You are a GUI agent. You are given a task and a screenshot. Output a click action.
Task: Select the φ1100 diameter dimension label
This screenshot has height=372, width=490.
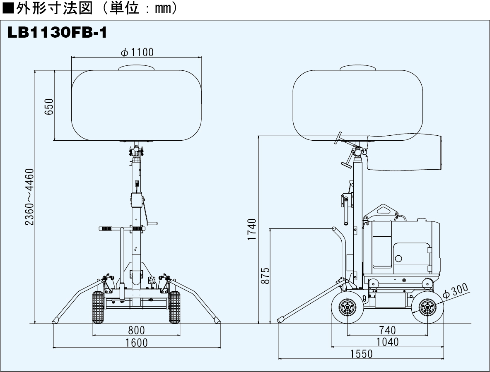click(137, 52)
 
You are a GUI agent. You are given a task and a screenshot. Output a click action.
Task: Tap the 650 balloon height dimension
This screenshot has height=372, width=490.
click(49, 107)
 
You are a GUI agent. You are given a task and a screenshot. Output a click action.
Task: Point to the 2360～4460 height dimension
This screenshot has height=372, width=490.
click(29, 197)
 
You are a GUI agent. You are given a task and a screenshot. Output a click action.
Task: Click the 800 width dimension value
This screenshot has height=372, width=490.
click(136, 330)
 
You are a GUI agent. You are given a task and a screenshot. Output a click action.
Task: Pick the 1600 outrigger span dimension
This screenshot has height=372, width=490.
click(136, 343)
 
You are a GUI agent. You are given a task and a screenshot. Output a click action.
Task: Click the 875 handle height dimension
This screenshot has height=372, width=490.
click(266, 275)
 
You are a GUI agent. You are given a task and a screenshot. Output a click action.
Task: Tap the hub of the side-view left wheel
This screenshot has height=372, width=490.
click(347, 307)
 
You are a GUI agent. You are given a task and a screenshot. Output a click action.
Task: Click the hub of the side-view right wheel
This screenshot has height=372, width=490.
click(427, 307)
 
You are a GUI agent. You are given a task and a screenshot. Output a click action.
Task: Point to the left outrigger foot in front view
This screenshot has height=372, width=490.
click(56, 320)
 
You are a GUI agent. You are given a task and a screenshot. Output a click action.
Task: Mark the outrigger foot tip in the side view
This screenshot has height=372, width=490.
click(281, 319)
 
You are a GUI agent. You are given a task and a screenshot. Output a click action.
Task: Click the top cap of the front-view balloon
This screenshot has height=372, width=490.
click(137, 67)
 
